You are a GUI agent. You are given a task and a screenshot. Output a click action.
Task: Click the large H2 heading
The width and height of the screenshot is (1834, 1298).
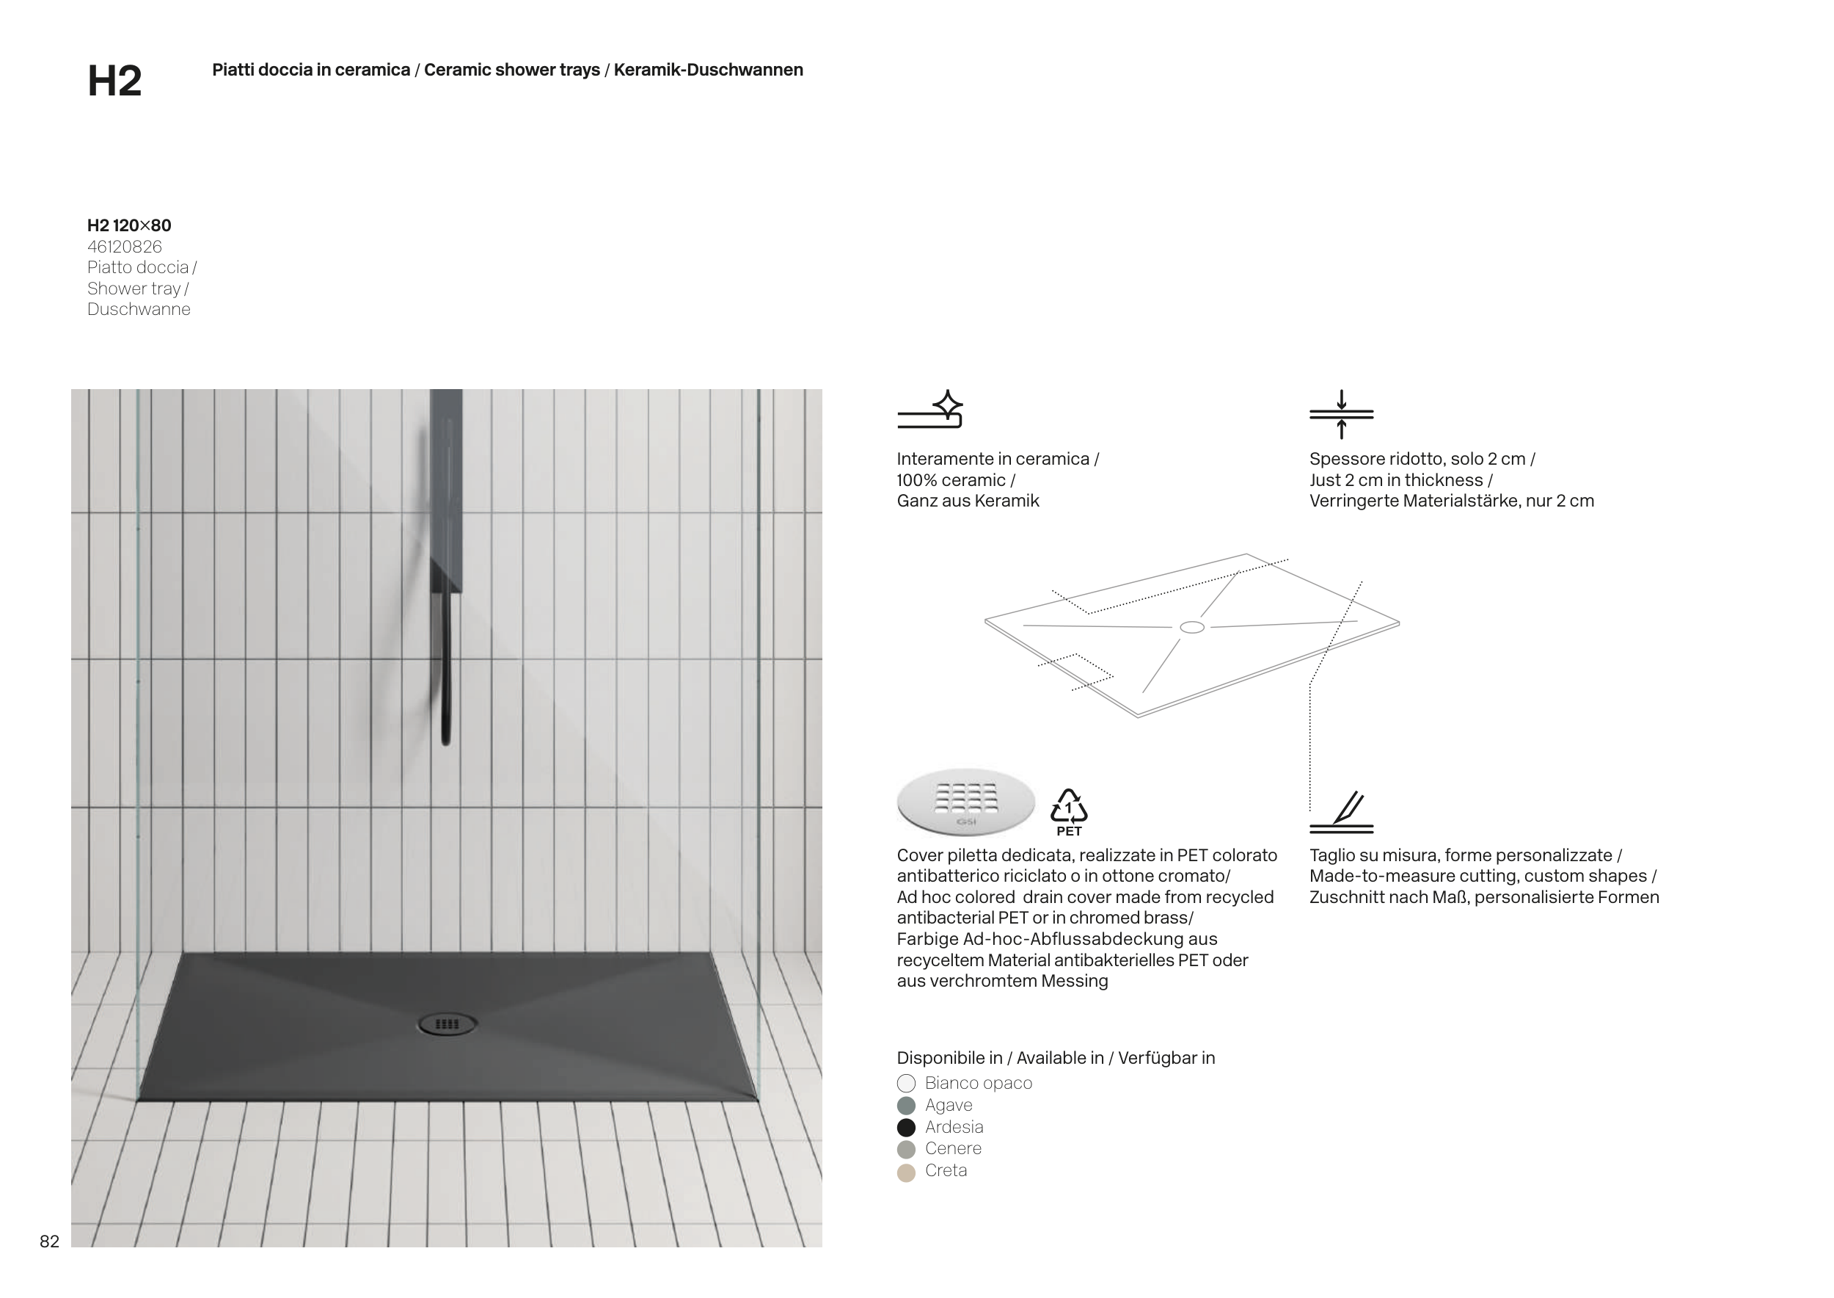114,81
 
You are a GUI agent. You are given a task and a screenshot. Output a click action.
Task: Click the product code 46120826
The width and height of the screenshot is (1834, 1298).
125,247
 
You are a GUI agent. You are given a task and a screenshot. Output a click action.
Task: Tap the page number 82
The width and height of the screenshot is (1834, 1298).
50,1241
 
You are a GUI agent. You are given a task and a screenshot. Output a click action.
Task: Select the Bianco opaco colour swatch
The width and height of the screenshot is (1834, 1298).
906,1083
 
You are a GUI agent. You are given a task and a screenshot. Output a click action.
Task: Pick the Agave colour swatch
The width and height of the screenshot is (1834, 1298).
906,1106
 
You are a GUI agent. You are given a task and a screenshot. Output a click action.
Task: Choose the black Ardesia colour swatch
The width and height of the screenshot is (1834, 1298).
906,1127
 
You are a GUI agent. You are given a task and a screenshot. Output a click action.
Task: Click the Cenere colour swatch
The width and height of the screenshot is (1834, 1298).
906,1150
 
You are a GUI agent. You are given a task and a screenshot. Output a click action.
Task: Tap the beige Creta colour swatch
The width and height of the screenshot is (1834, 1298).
906,1172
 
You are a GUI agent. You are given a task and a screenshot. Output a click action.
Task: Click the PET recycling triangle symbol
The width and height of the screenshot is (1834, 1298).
1069,808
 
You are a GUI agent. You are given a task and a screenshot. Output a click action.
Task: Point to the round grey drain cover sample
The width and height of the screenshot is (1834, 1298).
965,802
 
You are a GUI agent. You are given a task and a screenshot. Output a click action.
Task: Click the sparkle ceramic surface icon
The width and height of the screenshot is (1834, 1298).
931,410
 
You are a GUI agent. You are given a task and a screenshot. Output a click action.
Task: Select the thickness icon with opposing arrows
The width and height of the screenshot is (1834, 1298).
1341,414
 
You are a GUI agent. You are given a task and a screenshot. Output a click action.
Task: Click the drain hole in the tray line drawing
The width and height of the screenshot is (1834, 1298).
1192,628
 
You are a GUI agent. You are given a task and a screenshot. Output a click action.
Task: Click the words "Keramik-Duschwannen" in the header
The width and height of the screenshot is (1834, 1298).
708,70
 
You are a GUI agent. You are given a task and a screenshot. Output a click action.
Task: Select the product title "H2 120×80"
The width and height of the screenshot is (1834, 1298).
129,225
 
